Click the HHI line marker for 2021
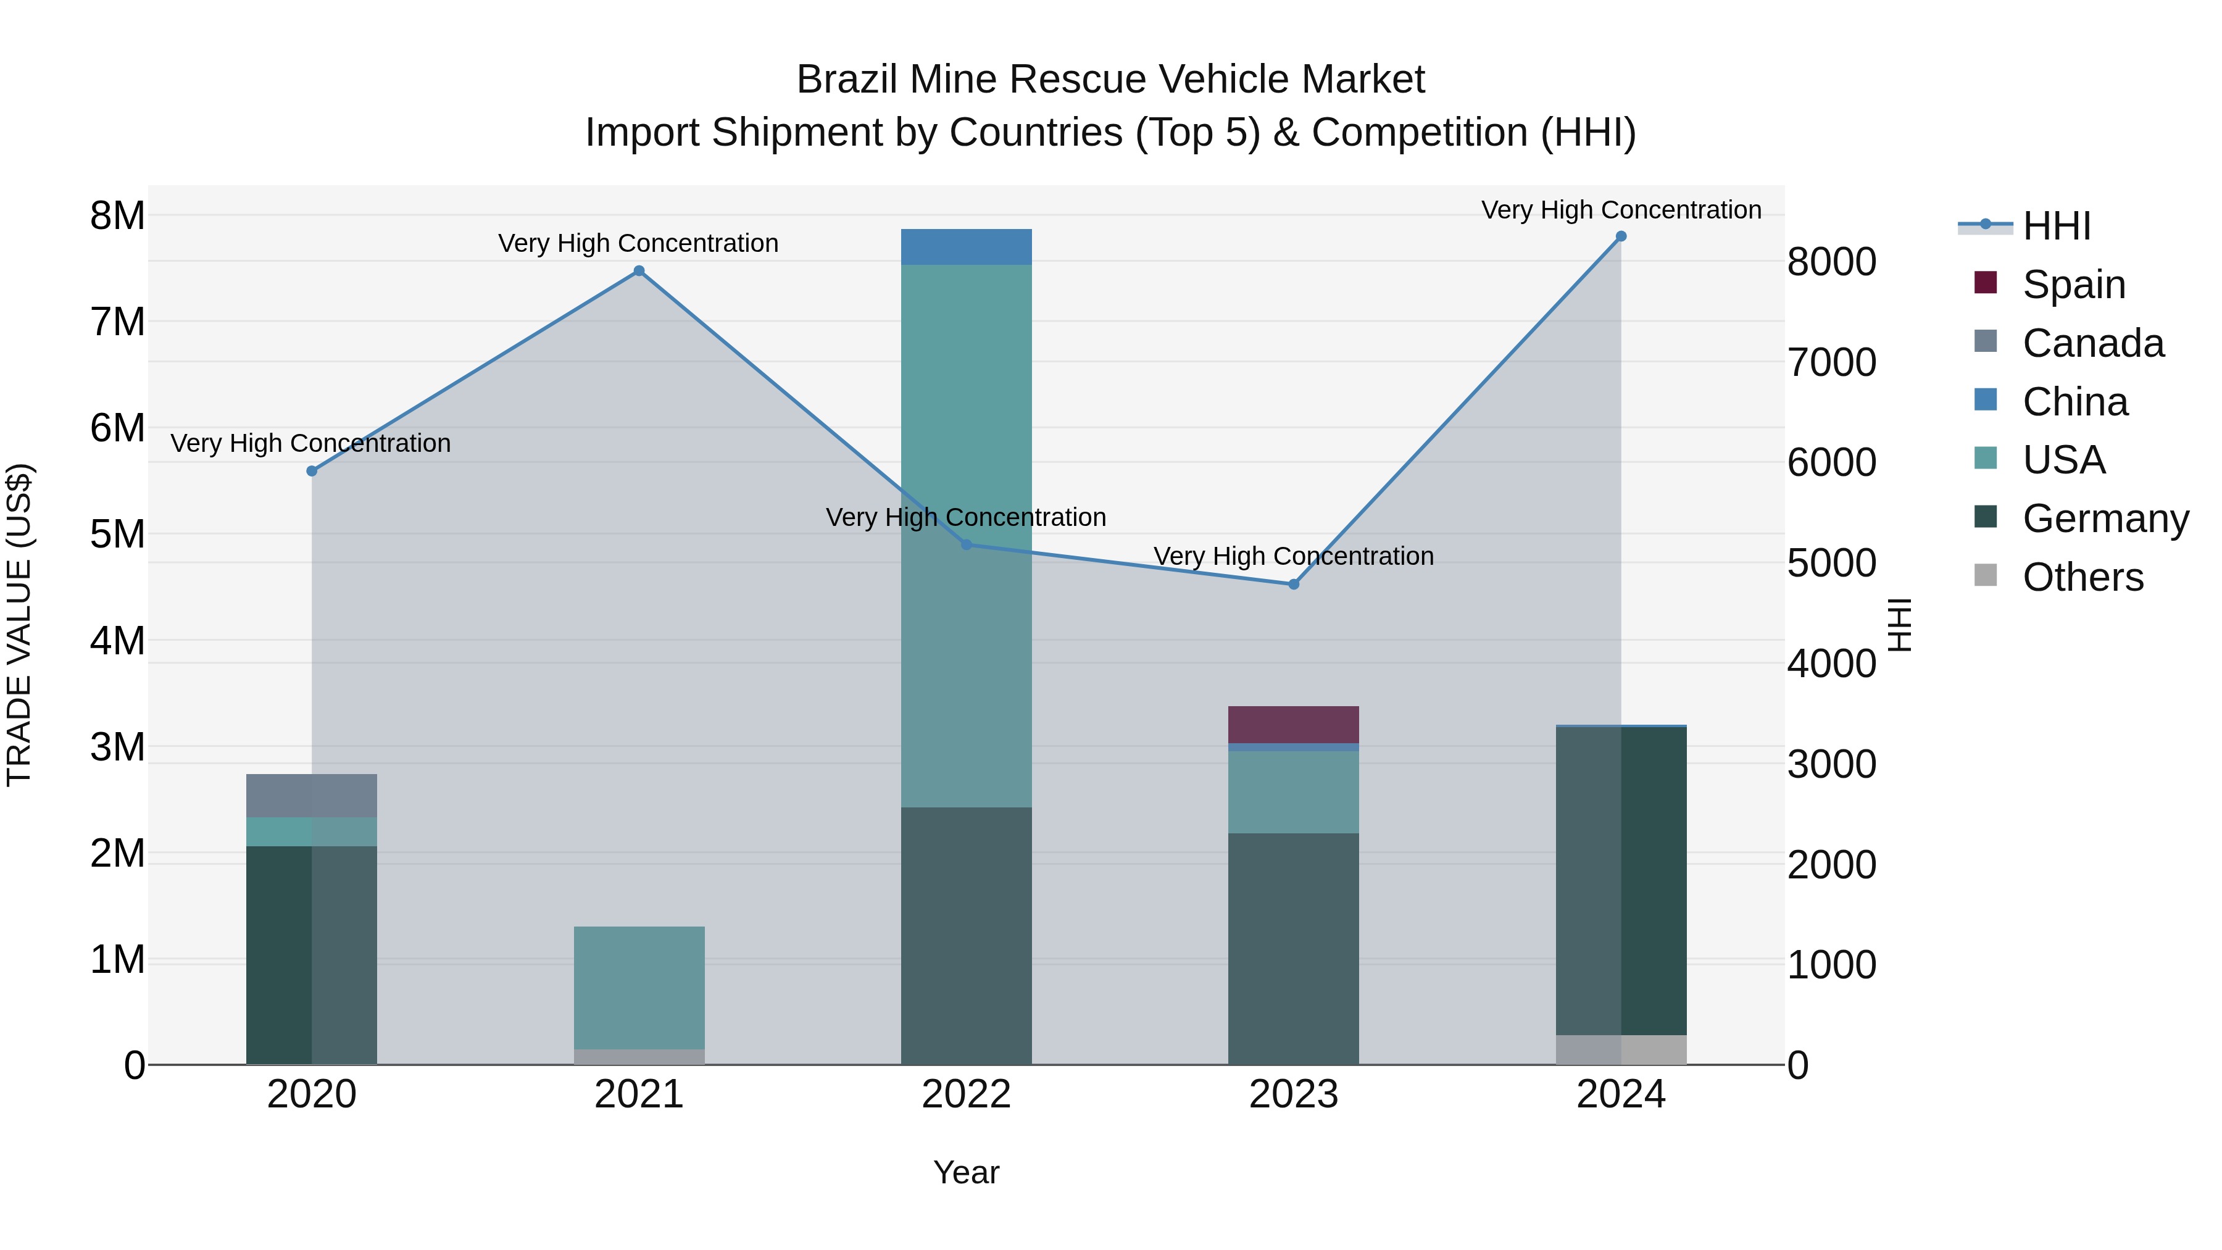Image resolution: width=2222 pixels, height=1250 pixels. [639, 271]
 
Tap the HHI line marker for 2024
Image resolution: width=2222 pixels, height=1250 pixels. [1621, 236]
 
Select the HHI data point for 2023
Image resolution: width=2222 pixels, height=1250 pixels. [1293, 584]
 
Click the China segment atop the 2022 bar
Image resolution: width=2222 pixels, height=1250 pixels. [966, 247]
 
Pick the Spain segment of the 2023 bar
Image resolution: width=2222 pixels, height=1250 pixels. [1293, 725]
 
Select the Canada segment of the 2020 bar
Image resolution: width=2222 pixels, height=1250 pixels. [312, 796]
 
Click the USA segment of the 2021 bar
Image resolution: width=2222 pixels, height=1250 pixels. [639, 987]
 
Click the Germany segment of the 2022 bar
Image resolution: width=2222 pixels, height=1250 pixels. [966, 935]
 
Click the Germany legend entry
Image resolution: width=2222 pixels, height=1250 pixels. [2105, 519]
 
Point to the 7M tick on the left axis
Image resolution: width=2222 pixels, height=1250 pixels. [117, 322]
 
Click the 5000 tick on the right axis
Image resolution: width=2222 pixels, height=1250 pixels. [1831, 564]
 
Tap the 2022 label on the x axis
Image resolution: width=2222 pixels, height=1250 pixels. [966, 1094]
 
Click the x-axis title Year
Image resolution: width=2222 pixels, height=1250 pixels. [966, 1172]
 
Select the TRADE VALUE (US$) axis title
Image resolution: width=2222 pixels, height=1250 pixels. [19, 625]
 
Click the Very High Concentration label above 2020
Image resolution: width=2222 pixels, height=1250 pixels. [310, 443]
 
